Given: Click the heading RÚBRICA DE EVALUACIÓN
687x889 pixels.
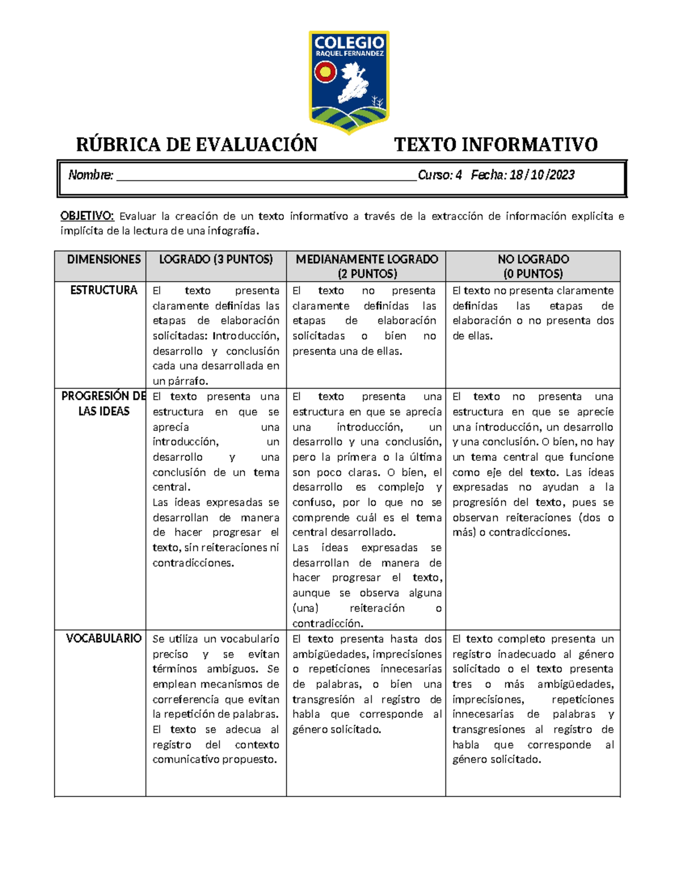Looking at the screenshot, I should click(x=196, y=144).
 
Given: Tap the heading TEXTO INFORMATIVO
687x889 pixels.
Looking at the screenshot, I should click(x=496, y=144).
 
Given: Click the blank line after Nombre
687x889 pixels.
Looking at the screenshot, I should click(x=266, y=176).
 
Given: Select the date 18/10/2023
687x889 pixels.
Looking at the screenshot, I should click(x=542, y=175).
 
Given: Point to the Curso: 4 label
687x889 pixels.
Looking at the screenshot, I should click(x=440, y=175).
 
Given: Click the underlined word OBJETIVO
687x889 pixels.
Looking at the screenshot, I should click(x=87, y=216).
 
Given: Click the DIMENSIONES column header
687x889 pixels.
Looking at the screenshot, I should click(x=104, y=259).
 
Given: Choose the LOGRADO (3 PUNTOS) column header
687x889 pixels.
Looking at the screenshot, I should click(x=216, y=259).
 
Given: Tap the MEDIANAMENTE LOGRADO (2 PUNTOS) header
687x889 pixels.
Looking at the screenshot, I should click(x=366, y=266).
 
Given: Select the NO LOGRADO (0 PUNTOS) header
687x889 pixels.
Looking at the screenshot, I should click(x=533, y=266).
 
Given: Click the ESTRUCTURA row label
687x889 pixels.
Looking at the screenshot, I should click(x=104, y=290).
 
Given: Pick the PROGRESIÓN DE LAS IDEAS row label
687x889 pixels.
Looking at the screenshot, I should click(x=104, y=404).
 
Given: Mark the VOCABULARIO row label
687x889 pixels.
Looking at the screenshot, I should click(x=104, y=638).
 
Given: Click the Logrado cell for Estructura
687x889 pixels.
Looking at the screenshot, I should click(x=216, y=335).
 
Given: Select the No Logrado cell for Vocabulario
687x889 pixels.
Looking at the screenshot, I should click(x=533, y=699).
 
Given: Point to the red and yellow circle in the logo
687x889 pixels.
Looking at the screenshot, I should click(x=325, y=73).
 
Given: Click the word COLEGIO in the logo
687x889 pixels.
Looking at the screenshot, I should click(x=349, y=43).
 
